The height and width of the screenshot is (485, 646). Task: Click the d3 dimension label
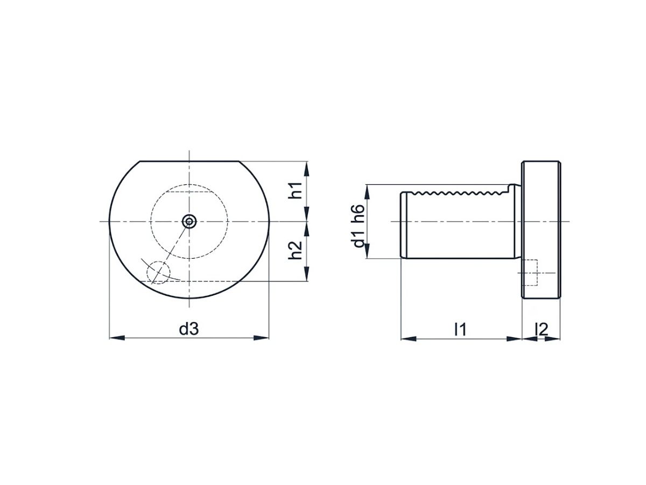point(188,329)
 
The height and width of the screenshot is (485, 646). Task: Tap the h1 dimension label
point(295,190)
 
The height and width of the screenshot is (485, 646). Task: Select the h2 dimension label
point(295,250)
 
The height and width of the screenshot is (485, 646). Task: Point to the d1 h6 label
point(358,226)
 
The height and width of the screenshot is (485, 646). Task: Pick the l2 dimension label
point(541,329)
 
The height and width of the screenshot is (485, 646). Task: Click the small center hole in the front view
point(189,221)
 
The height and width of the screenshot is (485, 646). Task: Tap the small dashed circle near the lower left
point(158,272)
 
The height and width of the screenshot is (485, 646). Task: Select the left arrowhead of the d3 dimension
point(117,338)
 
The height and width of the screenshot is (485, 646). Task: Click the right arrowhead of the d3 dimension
point(261,338)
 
